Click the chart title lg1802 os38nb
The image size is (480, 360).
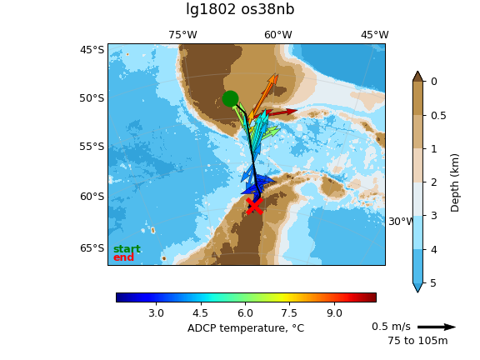coord(240,9)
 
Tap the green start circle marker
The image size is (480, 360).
coord(230,98)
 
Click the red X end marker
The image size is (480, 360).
coord(254,206)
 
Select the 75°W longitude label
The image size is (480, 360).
coord(182,35)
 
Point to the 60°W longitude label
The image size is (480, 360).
coord(278,35)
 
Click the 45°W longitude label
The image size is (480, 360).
coord(375,35)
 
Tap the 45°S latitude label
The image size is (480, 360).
coord(92,50)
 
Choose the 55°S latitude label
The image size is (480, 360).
coord(92,147)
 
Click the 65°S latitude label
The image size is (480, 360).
coord(92,248)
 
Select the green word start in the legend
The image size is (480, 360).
coord(127,249)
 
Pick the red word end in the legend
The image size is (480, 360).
coord(123,257)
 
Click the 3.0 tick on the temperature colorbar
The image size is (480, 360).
coord(156,313)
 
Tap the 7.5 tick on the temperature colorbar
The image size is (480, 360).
coord(290,313)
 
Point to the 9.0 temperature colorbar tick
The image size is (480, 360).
coord(334,313)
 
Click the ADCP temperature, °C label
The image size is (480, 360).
coord(246,328)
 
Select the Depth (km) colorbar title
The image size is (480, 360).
coord(455,183)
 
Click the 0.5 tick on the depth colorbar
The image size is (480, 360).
coord(438,116)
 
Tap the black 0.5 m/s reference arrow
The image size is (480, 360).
coord(437,327)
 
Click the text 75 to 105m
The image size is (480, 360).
coord(417,341)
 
